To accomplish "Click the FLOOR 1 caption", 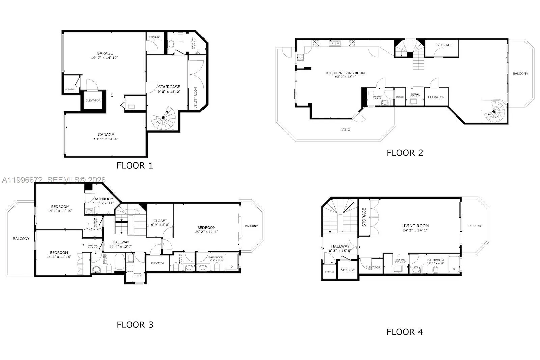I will pyautogui.click(x=135, y=165).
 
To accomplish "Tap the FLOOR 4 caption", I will pyautogui.click(x=405, y=332).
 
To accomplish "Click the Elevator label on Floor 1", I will pyautogui.click(x=93, y=100).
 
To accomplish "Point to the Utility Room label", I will pyautogui.click(x=196, y=98).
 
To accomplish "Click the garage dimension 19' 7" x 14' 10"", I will pyautogui.click(x=105, y=58).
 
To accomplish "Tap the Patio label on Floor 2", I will pyautogui.click(x=345, y=130).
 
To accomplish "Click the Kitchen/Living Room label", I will pyautogui.click(x=345, y=73).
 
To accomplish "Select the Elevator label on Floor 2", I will pyautogui.click(x=436, y=97).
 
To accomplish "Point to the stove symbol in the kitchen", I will pyautogui.click(x=300, y=57).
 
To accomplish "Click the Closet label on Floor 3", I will pyautogui.click(x=160, y=221).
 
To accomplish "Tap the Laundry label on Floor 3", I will pyautogui.click(x=137, y=274).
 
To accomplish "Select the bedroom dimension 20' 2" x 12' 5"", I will pyautogui.click(x=207, y=232).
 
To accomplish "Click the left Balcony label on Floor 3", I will pyautogui.click(x=21, y=239).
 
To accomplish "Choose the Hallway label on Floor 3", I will pyautogui.click(x=121, y=242).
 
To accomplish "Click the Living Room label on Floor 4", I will pyautogui.click(x=415, y=226).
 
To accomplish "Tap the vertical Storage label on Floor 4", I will pyautogui.click(x=364, y=217).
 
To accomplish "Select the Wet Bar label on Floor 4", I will pyautogui.click(x=400, y=260).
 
